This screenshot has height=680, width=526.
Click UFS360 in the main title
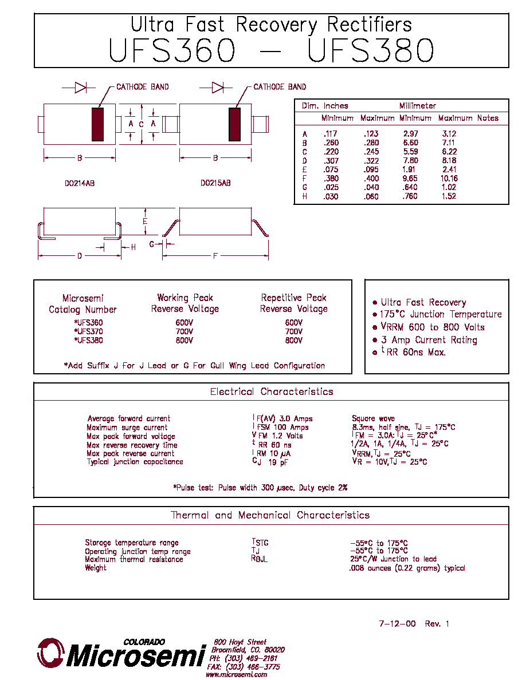tap(171, 50)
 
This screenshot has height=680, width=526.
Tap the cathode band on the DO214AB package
tap(97, 124)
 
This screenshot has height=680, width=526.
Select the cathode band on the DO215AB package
tap(234, 124)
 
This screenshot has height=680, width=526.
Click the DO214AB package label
tap(80, 183)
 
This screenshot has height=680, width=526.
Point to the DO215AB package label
tap(215, 183)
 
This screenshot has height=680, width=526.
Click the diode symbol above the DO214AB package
tap(80, 88)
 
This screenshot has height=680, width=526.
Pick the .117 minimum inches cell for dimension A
tap(331, 134)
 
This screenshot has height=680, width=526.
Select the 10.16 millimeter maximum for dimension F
tap(449, 178)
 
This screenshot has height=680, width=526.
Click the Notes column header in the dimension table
tap(488, 118)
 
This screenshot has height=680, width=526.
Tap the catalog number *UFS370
tap(89, 331)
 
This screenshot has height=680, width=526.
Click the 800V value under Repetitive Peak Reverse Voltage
tap(294, 341)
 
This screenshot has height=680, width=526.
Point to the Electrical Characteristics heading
tap(272, 392)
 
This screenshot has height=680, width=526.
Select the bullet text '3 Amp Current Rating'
tap(429, 340)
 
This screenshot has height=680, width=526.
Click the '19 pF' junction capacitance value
tap(278, 462)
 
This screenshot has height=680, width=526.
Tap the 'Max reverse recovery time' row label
tap(132, 445)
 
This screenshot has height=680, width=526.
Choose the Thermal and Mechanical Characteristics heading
tap(270, 515)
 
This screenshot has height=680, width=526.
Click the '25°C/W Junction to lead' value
tap(393, 559)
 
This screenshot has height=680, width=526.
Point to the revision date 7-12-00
tap(397, 624)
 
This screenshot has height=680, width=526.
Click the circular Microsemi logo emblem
tap(51, 653)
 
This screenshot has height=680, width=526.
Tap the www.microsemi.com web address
tap(237, 674)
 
